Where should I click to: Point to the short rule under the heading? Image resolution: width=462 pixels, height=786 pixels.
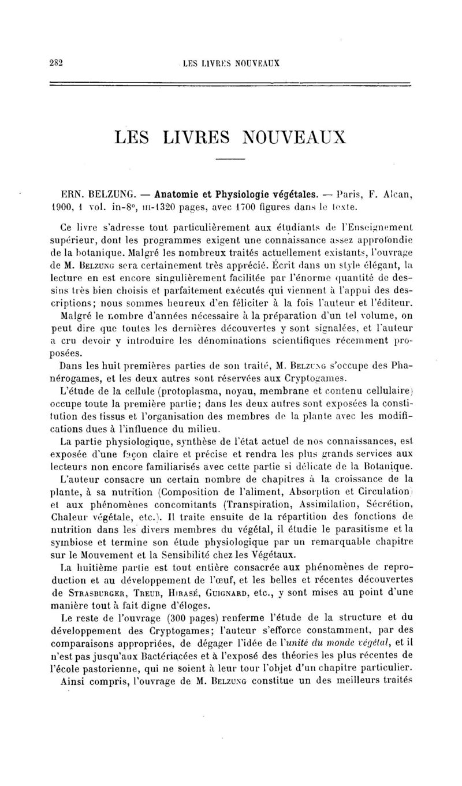coord(230,158)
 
